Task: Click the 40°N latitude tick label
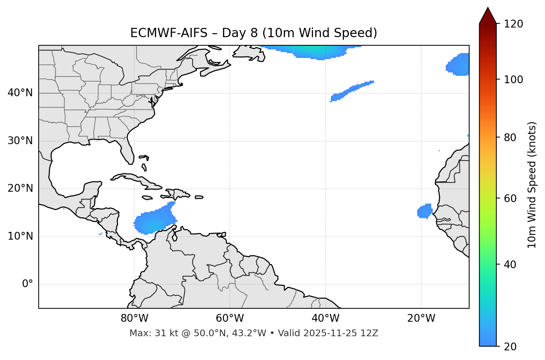point(20,93)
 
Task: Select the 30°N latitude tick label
point(20,141)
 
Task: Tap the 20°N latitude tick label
point(20,189)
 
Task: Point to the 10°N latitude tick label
point(20,236)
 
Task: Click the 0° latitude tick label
point(28,284)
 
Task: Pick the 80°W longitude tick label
point(134,318)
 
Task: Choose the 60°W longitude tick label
point(230,318)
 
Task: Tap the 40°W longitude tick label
point(325,318)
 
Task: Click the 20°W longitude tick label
point(421,318)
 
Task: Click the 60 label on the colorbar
point(510,198)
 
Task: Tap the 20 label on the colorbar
point(510,347)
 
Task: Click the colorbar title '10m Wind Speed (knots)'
point(532,185)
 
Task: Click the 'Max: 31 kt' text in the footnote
point(145,333)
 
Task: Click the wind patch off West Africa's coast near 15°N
point(425,211)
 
